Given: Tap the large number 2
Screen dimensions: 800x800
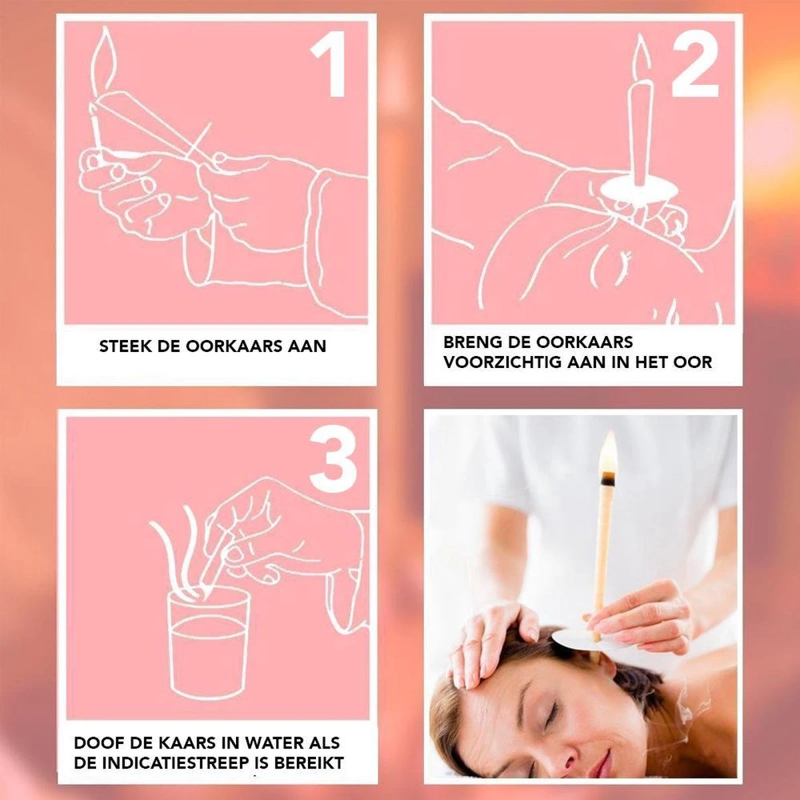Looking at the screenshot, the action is tap(695, 65).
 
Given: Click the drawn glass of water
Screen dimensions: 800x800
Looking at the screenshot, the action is tap(209, 643).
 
